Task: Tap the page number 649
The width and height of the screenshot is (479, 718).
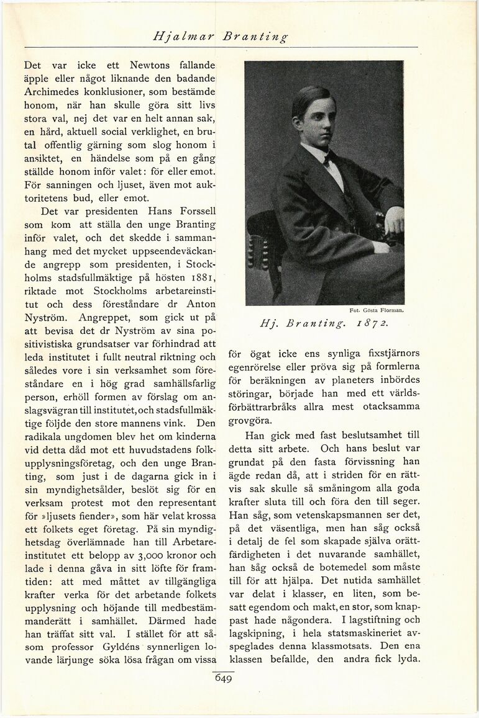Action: pos(223,679)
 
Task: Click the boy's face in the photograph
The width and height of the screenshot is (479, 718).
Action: pos(317,117)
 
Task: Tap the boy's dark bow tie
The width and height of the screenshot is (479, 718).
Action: pos(327,159)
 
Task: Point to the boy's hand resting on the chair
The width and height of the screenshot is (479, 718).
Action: pos(394,219)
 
